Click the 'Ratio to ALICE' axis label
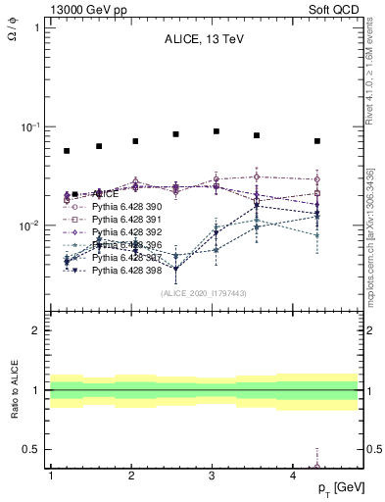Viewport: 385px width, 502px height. tap(13, 391)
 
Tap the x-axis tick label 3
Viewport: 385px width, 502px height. tap(213, 476)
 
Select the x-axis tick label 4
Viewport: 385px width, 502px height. tap(294, 476)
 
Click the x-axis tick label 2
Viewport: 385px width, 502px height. tap(131, 476)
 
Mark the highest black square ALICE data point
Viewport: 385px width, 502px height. tap(217, 131)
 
